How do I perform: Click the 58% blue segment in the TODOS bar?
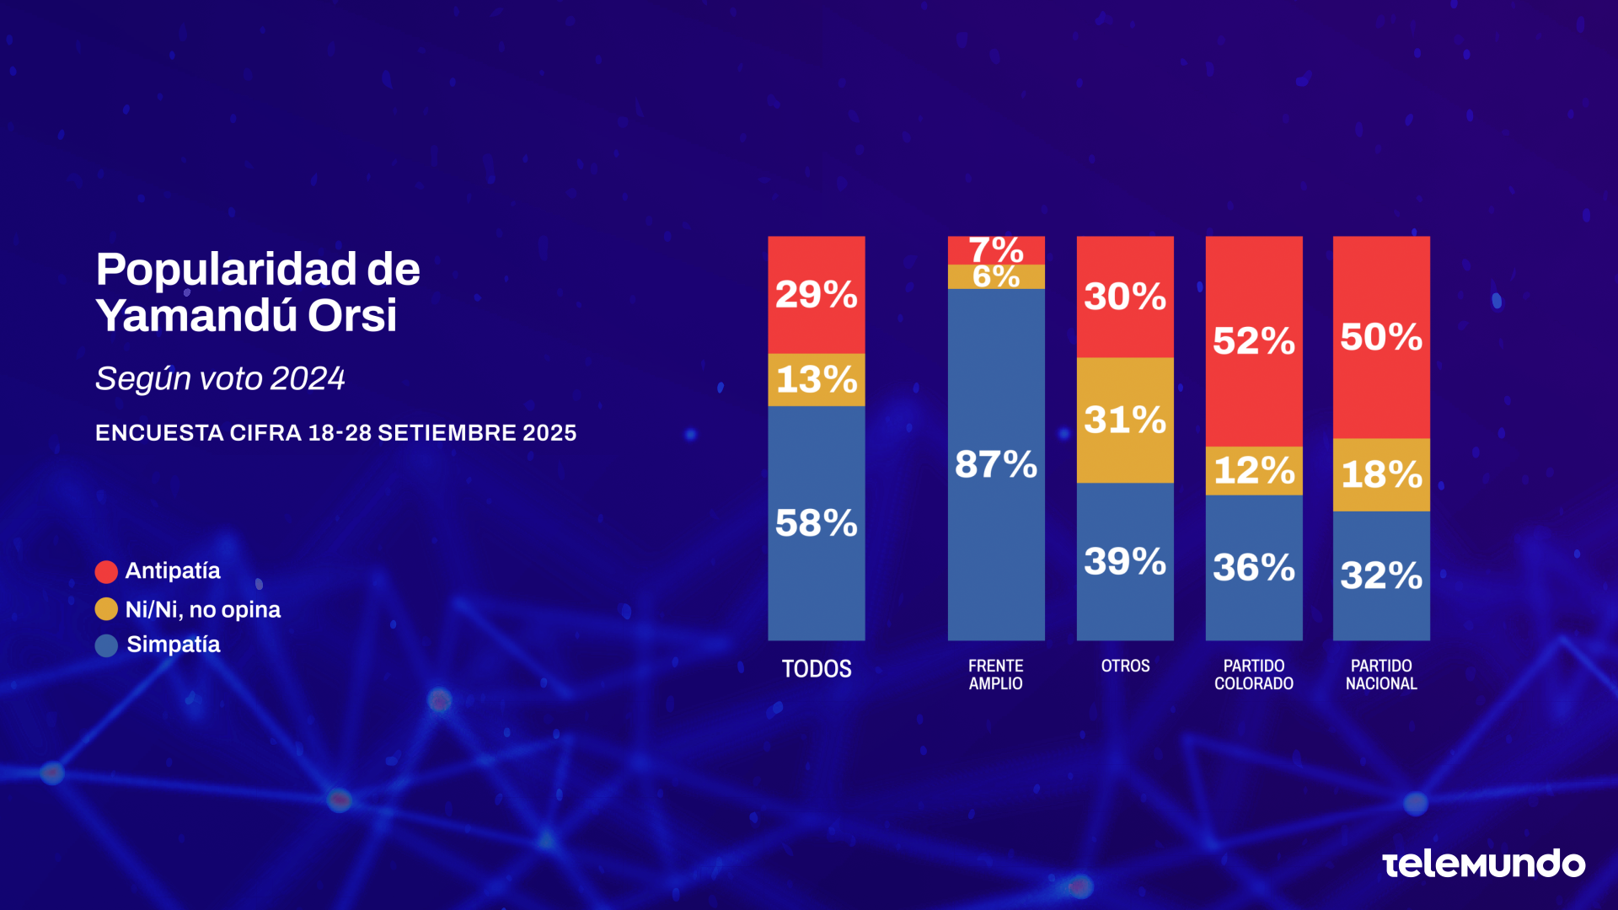click(x=816, y=523)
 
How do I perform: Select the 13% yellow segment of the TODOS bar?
click(x=816, y=380)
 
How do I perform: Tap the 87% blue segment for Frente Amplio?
click(x=995, y=464)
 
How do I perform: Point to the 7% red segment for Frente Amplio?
click(x=995, y=250)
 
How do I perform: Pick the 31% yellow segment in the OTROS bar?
click(x=1124, y=420)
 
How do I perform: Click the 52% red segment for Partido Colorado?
click(x=1253, y=341)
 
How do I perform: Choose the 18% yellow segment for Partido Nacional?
click(x=1380, y=474)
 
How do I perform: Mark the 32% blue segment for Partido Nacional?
click(x=1380, y=575)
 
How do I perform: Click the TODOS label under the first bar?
click(x=816, y=669)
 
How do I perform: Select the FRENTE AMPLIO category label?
click(x=995, y=675)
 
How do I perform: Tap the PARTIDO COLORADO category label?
click(x=1253, y=675)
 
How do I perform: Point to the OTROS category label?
click(x=1124, y=666)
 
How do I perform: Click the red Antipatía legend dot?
click(x=106, y=572)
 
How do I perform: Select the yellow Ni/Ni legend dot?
click(x=106, y=609)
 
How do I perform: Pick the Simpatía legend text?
click(x=173, y=645)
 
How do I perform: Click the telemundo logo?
click(x=1483, y=864)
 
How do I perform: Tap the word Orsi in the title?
click(x=351, y=316)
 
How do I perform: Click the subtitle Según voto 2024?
click(x=220, y=379)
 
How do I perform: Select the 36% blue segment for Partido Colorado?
click(x=1253, y=567)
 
